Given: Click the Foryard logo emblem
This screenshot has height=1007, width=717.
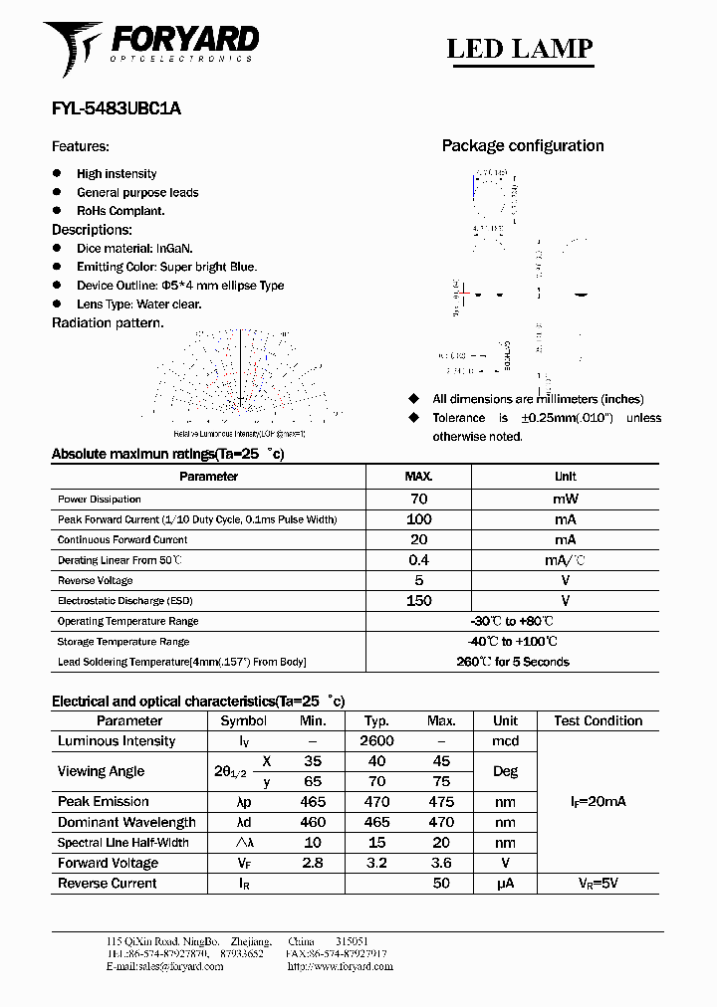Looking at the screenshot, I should (73, 48).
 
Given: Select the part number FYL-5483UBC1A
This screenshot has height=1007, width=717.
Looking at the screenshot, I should (116, 110).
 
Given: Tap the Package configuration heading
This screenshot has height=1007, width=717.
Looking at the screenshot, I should (522, 146).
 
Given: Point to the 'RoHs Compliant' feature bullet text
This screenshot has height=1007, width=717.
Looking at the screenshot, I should (120, 211).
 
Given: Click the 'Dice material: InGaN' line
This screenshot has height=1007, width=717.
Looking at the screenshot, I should (134, 249).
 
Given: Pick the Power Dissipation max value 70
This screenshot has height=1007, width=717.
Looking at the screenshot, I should (418, 499).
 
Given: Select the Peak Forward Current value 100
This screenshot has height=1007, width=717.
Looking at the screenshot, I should (418, 519).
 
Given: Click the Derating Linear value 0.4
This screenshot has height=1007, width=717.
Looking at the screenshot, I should (418, 560).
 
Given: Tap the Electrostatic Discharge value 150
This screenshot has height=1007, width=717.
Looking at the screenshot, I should (418, 601).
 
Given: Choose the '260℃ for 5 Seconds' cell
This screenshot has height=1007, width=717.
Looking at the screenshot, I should (512, 662).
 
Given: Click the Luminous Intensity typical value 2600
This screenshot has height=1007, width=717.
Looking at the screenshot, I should (376, 741).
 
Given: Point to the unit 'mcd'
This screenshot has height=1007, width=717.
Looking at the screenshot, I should (505, 741).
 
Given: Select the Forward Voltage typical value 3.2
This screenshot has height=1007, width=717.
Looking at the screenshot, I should (376, 863).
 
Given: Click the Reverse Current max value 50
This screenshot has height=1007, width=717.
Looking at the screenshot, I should (441, 884).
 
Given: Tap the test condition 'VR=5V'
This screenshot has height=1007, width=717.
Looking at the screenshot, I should (597, 884).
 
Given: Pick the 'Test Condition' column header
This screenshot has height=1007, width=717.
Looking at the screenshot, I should (597, 720).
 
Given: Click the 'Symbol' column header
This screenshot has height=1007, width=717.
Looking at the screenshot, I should (243, 720).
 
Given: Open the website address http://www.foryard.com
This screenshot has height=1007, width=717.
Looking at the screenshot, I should (337, 966).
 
